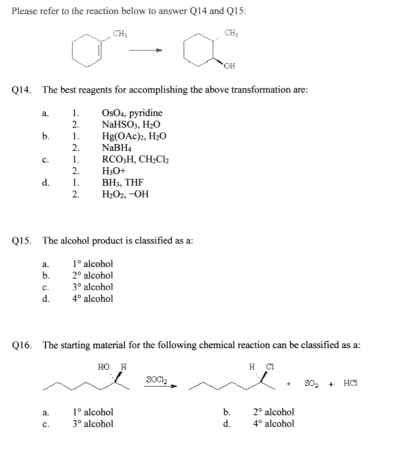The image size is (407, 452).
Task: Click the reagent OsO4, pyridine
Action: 132,113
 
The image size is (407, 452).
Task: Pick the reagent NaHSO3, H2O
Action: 131,125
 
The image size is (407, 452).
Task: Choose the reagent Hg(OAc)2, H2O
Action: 134,136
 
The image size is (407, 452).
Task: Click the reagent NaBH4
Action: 116,148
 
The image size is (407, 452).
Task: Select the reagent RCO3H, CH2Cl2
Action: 136,159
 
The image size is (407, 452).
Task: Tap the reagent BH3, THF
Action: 122,182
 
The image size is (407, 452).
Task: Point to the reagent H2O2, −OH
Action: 125,194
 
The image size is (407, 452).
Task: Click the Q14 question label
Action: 22,90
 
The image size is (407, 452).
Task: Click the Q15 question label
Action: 22,241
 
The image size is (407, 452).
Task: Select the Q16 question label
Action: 22,345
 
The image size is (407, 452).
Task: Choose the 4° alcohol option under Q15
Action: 92,299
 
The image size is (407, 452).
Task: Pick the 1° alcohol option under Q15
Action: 92,264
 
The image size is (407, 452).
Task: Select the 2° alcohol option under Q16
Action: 274,412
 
